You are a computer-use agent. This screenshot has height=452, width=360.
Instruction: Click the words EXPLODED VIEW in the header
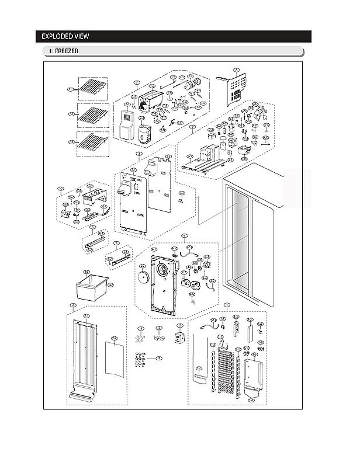pyautogui.click(x=65, y=37)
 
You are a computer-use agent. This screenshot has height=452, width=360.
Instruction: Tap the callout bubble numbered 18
pyautogui.click(x=158, y=357)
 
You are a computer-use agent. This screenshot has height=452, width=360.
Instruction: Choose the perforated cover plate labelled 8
pyautogui.click(x=236, y=88)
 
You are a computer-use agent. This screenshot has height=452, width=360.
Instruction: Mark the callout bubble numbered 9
pyautogui.click(x=192, y=126)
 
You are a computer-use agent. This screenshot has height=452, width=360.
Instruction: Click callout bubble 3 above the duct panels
pyautogui.click(x=138, y=154)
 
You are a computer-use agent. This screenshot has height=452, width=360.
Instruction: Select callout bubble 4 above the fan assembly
pyautogui.click(x=184, y=236)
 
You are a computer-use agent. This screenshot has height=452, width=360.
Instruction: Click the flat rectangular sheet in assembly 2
pyautogui.click(x=114, y=358)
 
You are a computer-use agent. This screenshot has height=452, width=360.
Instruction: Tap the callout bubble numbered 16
pyautogui.click(x=140, y=329)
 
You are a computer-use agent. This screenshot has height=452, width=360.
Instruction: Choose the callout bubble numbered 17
pyautogui.click(x=158, y=329)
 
